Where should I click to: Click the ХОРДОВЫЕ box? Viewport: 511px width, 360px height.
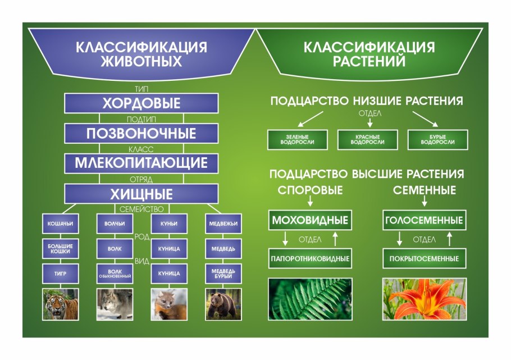pyautogui.click(x=141, y=103)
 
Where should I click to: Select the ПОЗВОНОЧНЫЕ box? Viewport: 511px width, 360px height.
pyautogui.click(x=141, y=134)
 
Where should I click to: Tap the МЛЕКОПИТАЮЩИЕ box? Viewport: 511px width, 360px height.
pyautogui.click(x=141, y=163)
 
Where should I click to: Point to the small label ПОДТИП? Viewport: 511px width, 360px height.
pyautogui.click(x=141, y=119)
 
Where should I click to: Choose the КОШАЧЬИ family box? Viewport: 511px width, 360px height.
pyautogui.click(x=60, y=224)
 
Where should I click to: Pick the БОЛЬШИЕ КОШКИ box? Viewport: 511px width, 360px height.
pyautogui.click(x=60, y=248)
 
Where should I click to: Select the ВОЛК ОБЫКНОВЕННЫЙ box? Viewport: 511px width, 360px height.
pyautogui.click(x=115, y=274)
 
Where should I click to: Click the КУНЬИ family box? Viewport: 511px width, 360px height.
pyautogui.click(x=168, y=224)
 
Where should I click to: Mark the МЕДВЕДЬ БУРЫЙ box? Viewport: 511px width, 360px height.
pyautogui.click(x=223, y=274)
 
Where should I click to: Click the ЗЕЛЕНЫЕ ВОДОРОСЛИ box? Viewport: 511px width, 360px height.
pyautogui.click(x=297, y=140)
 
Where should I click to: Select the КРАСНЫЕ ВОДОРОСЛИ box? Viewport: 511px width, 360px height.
pyautogui.click(x=367, y=140)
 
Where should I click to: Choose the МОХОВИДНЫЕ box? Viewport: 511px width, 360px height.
pyautogui.click(x=310, y=220)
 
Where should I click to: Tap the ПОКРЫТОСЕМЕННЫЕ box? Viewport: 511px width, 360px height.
pyautogui.click(x=425, y=259)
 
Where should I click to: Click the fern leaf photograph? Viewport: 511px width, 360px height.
pyautogui.click(x=310, y=298)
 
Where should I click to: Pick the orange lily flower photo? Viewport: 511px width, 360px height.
pyautogui.click(x=425, y=298)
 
